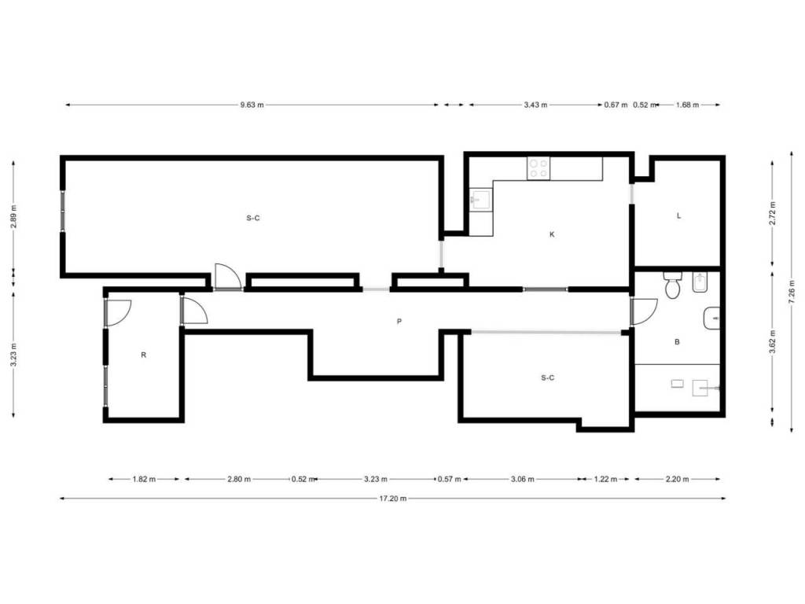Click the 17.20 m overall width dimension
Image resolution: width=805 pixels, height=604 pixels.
pos(393,498)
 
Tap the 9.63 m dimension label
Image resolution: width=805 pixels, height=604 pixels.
pos(252,105)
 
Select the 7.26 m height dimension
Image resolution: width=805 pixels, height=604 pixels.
pos(792,291)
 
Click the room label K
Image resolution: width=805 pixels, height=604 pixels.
pos(552,234)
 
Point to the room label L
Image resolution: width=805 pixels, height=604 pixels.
pos(678,215)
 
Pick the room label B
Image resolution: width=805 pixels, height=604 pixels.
pos(677,341)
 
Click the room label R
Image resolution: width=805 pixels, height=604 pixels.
pos(144,355)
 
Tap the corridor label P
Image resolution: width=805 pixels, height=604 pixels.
pos(399,322)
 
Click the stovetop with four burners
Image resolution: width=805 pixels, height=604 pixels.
pos(539,168)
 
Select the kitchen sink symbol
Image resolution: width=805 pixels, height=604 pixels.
pos(481,200)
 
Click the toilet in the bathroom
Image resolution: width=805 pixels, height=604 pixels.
pos(673,285)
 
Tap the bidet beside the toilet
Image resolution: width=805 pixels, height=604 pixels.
pos(700,282)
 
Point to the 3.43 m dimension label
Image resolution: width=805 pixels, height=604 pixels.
pos(535,105)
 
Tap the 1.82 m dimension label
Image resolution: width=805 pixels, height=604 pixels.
pos(144,479)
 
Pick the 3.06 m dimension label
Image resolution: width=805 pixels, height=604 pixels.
pos(523,479)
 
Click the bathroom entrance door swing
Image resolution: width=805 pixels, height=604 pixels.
pos(644,311)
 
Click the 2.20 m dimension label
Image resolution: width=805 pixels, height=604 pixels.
pos(677,479)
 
